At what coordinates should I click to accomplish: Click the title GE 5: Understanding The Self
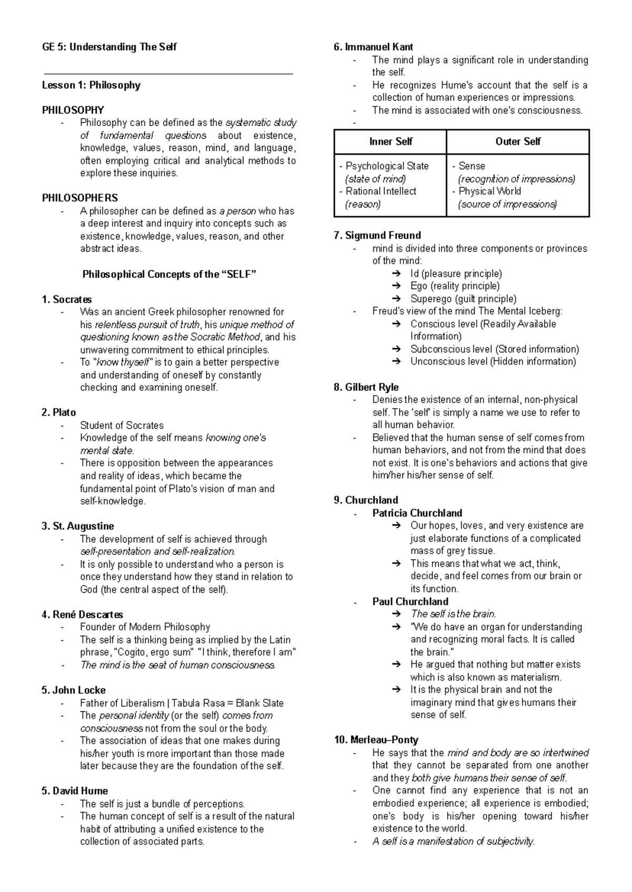(109, 47)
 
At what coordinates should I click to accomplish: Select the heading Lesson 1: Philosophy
(91, 85)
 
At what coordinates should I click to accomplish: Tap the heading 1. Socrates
(66, 299)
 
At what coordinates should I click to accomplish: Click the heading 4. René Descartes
(82, 614)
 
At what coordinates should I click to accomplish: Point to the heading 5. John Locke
(73, 690)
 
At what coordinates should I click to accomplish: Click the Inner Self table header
(390, 141)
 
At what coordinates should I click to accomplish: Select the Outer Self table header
(518, 141)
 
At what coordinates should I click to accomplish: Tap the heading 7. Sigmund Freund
(377, 235)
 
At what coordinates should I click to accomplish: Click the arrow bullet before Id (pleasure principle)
(396, 273)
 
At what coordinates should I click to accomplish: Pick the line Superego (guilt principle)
(463, 299)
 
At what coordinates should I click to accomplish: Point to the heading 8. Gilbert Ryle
(366, 387)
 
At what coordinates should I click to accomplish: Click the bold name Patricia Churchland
(417, 513)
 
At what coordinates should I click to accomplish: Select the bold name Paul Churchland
(410, 601)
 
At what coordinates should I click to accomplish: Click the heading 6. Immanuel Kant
(373, 47)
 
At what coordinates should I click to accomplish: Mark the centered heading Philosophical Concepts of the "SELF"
(169, 274)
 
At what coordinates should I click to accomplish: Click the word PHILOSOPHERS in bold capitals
(80, 198)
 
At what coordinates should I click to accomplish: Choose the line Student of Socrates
(122, 425)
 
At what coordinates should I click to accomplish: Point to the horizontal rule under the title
(168, 74)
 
